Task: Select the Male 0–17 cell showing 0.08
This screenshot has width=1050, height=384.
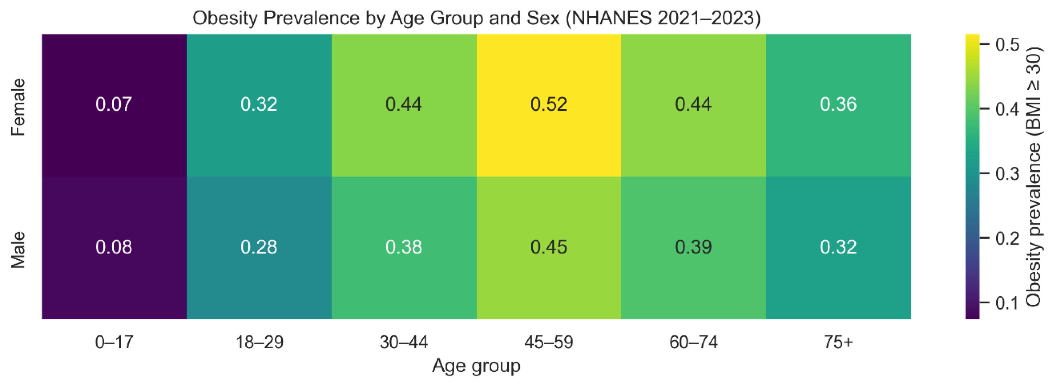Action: coord(114,247)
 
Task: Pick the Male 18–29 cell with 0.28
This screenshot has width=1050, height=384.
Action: coord(259,247)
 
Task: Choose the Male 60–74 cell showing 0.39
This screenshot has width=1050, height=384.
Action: coord(693,247)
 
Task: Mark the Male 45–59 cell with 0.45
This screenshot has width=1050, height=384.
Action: coord(549,247)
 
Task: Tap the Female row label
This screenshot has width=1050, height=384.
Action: coord(18,107)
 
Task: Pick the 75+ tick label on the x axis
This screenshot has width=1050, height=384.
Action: coord(838,342)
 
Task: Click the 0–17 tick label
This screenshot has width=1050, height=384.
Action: coord(114,342)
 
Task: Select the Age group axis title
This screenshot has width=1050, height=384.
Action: coord(476,366)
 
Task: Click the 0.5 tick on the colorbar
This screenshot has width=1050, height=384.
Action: coord(1007,44)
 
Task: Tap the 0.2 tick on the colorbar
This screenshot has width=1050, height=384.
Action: coord(1007,238)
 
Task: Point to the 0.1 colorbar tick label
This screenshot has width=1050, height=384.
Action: coord(1007,303)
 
